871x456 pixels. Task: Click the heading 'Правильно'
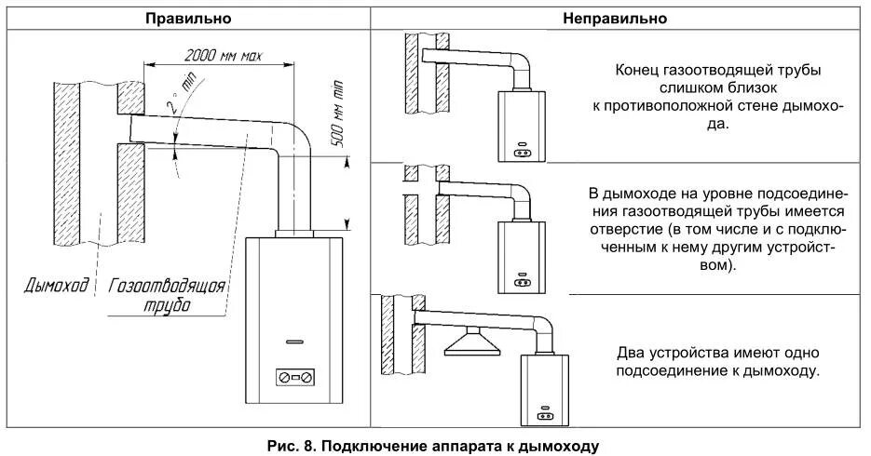(x=189, y=19)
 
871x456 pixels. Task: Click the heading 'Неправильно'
(x=617, y=19)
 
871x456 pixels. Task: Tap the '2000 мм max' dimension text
(x=224, y=56)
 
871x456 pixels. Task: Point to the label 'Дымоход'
(x=56, y=285)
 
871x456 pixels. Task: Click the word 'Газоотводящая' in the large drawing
(x=168, y=286)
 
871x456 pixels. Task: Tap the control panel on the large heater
(x=294, y=378)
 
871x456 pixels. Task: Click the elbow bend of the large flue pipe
(x=297, y=137)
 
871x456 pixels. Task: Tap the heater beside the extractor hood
(x=541, y=389)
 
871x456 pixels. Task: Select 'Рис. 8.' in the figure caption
(x=289, y=446)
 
